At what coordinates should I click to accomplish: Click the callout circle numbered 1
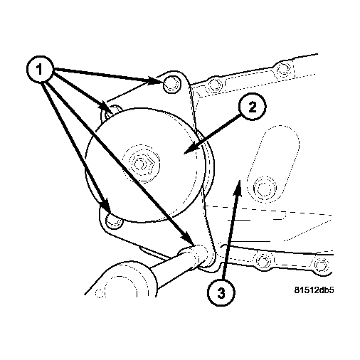40,70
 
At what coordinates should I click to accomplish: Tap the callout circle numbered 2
252,107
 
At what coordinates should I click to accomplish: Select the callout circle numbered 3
221,292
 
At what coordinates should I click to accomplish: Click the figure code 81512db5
314,290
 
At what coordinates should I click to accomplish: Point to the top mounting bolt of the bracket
172,85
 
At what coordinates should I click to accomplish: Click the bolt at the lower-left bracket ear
115,221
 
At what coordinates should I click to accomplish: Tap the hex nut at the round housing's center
140,164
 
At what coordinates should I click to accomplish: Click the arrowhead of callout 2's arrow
190,149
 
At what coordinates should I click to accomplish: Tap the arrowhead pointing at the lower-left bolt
107,206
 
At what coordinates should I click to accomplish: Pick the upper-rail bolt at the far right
282,69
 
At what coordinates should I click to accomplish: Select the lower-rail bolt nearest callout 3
263,260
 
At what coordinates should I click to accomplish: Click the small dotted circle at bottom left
100,293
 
